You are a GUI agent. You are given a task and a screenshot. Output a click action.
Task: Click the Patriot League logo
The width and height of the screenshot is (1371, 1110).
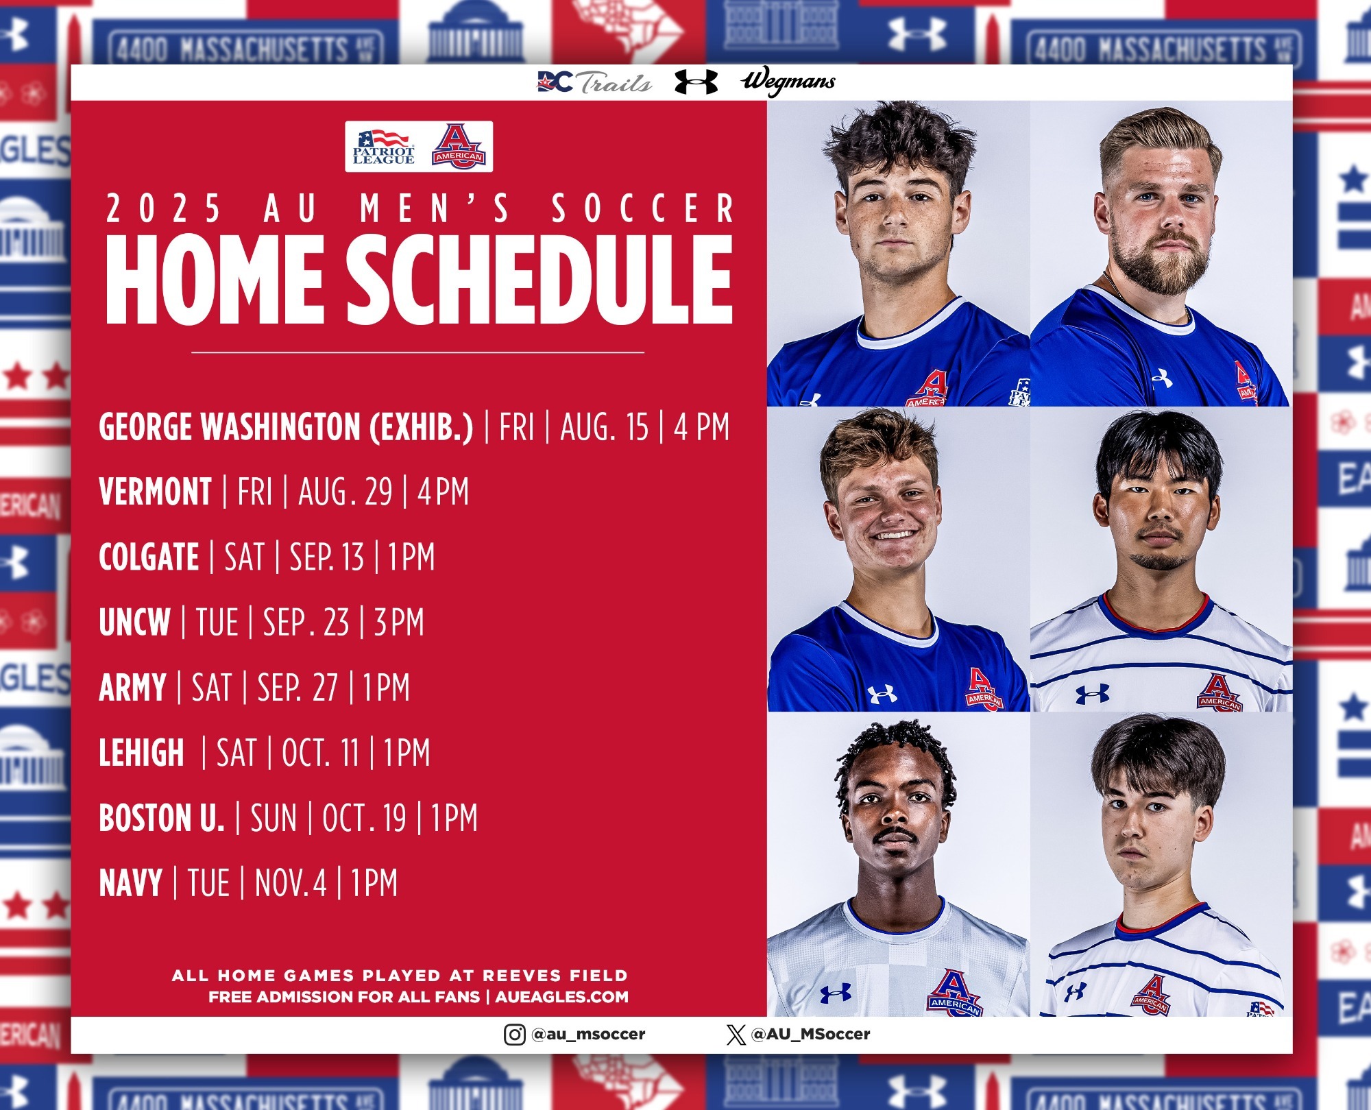tap(383, 147)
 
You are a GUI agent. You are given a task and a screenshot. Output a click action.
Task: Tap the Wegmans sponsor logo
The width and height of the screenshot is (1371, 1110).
tap(788, 82)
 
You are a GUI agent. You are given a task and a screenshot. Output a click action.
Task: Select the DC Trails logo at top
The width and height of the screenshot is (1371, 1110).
tap(594, 82)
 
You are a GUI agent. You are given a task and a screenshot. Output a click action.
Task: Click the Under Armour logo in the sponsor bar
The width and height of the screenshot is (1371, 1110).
tap(696, 82)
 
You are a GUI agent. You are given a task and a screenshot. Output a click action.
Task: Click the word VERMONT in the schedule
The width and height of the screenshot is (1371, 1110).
tap(156, 492)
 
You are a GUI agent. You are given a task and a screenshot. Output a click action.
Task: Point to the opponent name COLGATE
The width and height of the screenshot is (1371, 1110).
tap(149, 557)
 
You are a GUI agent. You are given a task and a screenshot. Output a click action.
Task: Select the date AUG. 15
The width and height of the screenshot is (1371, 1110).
tap(604, 426)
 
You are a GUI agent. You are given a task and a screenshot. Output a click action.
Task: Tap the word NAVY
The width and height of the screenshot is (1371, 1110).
tap(130, 882)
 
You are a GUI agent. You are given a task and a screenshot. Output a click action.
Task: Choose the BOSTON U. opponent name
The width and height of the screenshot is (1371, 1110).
tap(162, 817)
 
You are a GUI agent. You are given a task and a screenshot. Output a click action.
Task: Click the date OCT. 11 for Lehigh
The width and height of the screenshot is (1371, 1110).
tap(321, 752)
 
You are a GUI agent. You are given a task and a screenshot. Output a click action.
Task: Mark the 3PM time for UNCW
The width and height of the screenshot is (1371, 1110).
tap(399, 622)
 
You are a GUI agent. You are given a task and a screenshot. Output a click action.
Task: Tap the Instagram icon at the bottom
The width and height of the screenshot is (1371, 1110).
tap(515, 1035)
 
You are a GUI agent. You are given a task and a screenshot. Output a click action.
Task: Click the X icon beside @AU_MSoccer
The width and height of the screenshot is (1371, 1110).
tap(736, 1035)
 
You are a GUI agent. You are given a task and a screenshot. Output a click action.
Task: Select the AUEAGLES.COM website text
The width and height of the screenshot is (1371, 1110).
tap(562, 997)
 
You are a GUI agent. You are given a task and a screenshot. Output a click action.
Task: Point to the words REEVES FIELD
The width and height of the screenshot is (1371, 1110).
tap(555, 976)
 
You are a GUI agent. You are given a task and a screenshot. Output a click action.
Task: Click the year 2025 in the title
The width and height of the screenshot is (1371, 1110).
tap(163, 208)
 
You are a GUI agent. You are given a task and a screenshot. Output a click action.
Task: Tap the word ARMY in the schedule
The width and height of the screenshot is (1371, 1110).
tap(132, 687)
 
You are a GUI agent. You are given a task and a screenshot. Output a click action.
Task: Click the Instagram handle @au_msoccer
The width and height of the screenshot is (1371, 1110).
tap(588, 1035)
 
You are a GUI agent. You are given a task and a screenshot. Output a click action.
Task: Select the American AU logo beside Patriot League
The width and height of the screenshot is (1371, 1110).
tap(459, 146)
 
